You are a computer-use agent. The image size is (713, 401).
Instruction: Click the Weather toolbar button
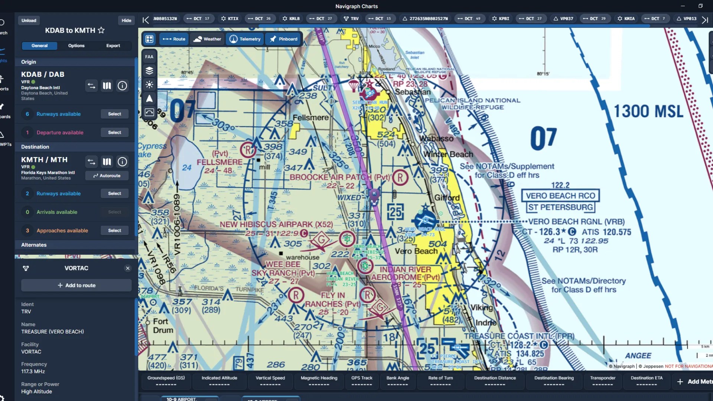[x=207, y=39]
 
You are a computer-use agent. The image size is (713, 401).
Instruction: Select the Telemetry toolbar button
[x=245, y=39]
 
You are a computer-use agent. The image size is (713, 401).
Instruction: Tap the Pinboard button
[x=284, y=39]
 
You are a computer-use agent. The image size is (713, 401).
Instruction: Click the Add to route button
[x=76, y=285]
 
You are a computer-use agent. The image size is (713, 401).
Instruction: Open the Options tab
[x=76, y=46]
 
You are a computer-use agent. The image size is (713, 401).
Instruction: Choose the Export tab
[x=113, y=46]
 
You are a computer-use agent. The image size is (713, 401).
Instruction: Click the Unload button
[x=29, y=20]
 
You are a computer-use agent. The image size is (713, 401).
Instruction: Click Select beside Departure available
[x=114, y=133]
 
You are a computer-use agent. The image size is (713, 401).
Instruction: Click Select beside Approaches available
[x=114, y=231]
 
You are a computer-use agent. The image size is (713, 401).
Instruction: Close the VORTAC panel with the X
[x=128, y=268]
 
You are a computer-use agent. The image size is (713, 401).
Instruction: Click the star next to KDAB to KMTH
[x=101, y=30]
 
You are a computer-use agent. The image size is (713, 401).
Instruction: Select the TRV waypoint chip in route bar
[x=351, y=19]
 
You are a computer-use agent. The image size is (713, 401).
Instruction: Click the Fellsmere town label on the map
[x=310, y=118]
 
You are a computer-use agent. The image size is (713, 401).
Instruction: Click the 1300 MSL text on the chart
[x=648, y=111]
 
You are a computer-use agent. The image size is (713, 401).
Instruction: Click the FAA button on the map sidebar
[x=149, y=57]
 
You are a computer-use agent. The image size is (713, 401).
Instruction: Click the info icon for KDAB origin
[x=122, y=86]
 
